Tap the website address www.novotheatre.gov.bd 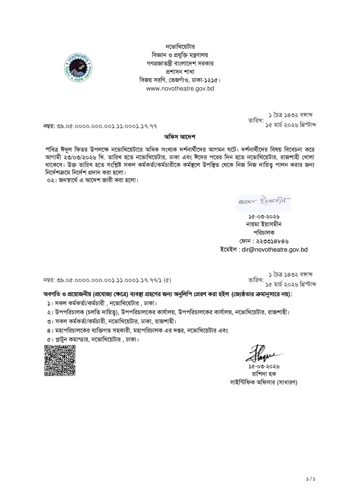pos(180,89)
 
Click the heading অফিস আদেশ pos(180,137)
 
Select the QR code pos(60,361)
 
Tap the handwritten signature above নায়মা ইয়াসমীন pos(264,202)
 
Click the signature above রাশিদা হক pos(263,353)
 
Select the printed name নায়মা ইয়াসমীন pos(264,224)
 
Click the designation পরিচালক pos(264,233)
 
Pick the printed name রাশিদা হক pos(264,374)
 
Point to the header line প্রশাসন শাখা pos(180,72)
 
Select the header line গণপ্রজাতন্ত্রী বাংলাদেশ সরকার pos(180,63)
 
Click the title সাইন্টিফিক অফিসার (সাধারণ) pos(264,382)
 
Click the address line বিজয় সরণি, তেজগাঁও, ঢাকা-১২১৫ pos(180,80)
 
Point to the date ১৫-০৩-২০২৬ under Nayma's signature pos(264,216)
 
